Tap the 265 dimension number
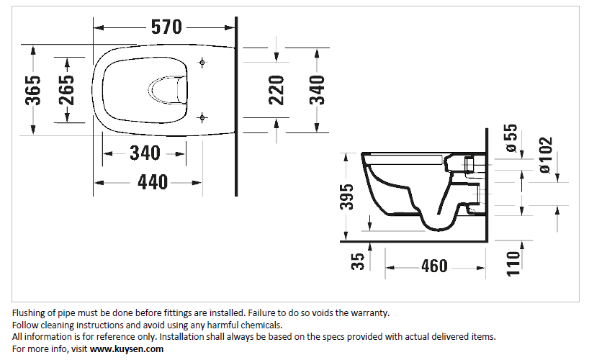[x=67, y=89]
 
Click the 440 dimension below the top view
[x=153, y=183]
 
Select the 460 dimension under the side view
[x=434, y=266]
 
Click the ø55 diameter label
[x=511, y=138]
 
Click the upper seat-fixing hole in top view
[x=202, y=63]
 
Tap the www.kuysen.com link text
[x=127, y=348]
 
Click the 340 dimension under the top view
[x=145, y=153]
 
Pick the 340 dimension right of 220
[x=318, y=89]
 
